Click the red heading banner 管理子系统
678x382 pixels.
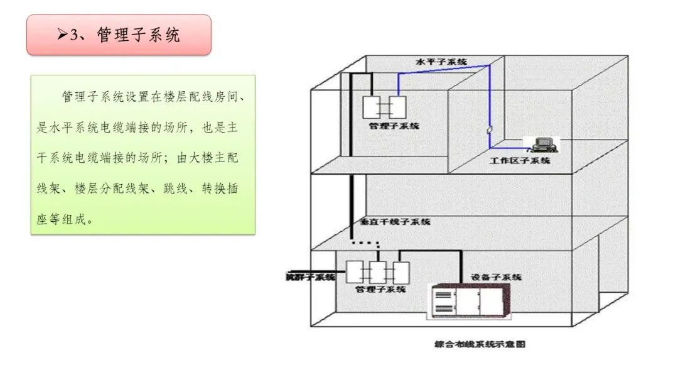point(119,35)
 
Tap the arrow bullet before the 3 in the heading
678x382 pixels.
point(62,35)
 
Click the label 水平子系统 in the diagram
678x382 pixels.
point(442,62)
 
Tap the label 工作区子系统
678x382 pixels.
point(520,161)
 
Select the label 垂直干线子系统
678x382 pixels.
point(395,222)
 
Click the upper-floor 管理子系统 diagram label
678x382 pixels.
point(394,126)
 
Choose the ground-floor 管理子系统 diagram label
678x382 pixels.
point(380,290)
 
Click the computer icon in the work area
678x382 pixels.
point(541,146)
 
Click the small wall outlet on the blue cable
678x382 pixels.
point(490,129)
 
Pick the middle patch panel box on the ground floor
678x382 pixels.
point(378,272)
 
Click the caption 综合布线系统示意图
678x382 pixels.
point(479,344)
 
